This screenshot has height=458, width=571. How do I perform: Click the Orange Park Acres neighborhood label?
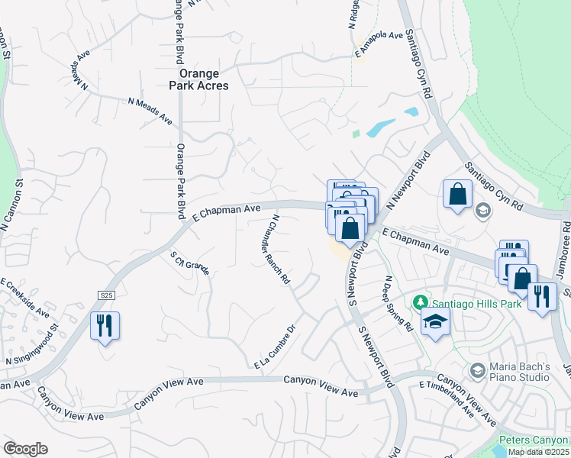click(199, 79)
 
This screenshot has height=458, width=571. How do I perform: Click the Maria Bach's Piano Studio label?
click(519, 372)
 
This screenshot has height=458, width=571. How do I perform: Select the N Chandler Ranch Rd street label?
click(280, 250)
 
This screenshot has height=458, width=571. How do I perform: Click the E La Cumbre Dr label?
click(275, 348)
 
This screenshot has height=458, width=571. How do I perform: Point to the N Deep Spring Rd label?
click(398, 304)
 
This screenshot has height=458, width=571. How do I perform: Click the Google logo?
click(25, 449)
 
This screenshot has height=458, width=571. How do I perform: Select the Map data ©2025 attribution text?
click(539, 452)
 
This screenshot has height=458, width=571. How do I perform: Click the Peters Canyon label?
click(534, 440)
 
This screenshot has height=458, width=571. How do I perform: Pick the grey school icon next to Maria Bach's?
click(477, 371)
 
